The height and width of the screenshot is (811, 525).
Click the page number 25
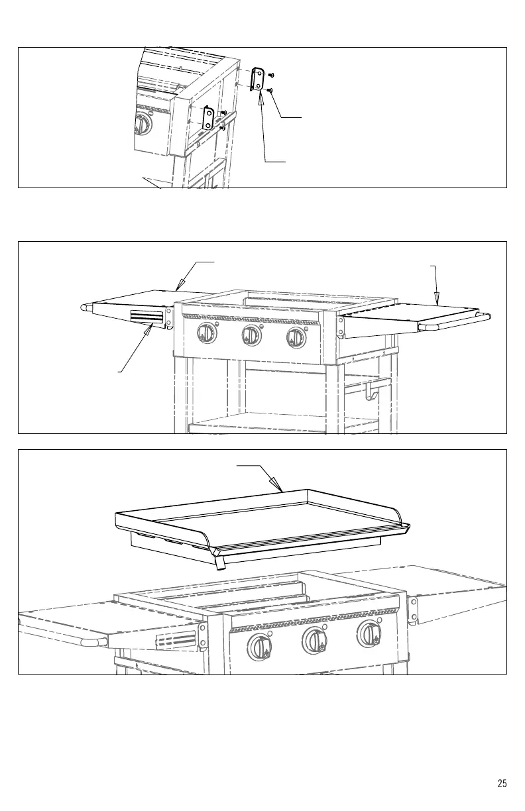tap(502, 784)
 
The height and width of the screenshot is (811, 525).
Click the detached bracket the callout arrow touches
tap(259, 80)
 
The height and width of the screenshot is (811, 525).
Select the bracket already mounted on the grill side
tap(208, 118)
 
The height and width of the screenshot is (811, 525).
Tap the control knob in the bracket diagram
tap(143, 123)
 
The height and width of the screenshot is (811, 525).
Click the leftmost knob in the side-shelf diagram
tap(207, 334)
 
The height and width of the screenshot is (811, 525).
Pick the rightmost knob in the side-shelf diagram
tap(295, 337)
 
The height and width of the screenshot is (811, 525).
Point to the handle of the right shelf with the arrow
tap(457, 323)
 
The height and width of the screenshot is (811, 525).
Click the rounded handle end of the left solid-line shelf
tap(85, 307)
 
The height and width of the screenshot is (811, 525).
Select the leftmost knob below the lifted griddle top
tap(259, 644)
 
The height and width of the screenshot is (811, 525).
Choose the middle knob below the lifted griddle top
tap(313, 640)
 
